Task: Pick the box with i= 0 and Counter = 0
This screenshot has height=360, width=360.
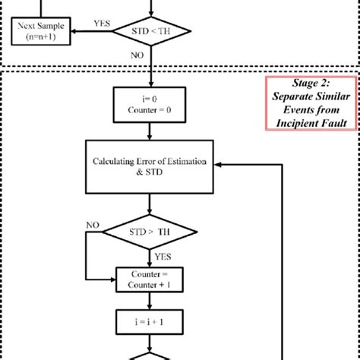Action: point(152,105)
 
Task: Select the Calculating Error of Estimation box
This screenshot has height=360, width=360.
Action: point(153,166)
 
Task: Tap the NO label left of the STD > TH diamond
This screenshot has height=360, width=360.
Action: point(93,226)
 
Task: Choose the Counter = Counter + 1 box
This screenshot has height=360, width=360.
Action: point(152,277)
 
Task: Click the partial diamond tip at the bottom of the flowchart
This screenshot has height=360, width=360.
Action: point(152,355)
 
